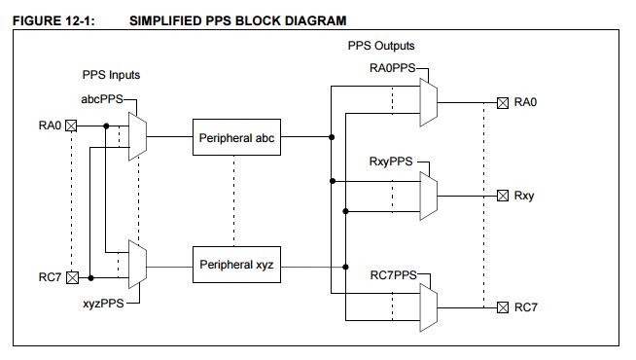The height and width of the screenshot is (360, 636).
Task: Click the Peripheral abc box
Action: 236,137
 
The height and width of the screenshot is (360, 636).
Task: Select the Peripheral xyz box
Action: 236,265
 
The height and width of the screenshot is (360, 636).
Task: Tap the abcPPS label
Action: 102,99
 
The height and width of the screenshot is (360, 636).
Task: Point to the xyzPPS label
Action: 103,304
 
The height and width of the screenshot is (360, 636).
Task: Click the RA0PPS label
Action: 393,68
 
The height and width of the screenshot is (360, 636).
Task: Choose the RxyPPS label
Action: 391,162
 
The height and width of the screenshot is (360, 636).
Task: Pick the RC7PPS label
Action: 394,275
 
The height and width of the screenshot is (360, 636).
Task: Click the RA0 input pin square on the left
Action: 71,126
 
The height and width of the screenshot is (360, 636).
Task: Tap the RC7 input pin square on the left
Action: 72,277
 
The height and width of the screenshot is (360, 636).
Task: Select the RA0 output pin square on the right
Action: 503,103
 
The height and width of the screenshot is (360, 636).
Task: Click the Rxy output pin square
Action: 503,196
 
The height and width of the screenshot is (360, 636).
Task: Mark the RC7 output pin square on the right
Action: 503,307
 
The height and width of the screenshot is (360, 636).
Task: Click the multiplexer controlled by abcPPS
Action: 137,136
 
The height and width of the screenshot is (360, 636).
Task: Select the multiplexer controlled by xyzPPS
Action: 137,265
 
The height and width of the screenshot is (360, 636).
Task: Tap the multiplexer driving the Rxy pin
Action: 429,196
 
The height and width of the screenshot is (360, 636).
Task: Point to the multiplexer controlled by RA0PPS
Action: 429,103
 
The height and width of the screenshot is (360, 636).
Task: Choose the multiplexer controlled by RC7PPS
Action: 429,307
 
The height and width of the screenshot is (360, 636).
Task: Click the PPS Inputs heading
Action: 111,75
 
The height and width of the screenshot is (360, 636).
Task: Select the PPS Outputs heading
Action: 381,46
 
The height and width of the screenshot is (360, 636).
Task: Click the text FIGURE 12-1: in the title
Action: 53,20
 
